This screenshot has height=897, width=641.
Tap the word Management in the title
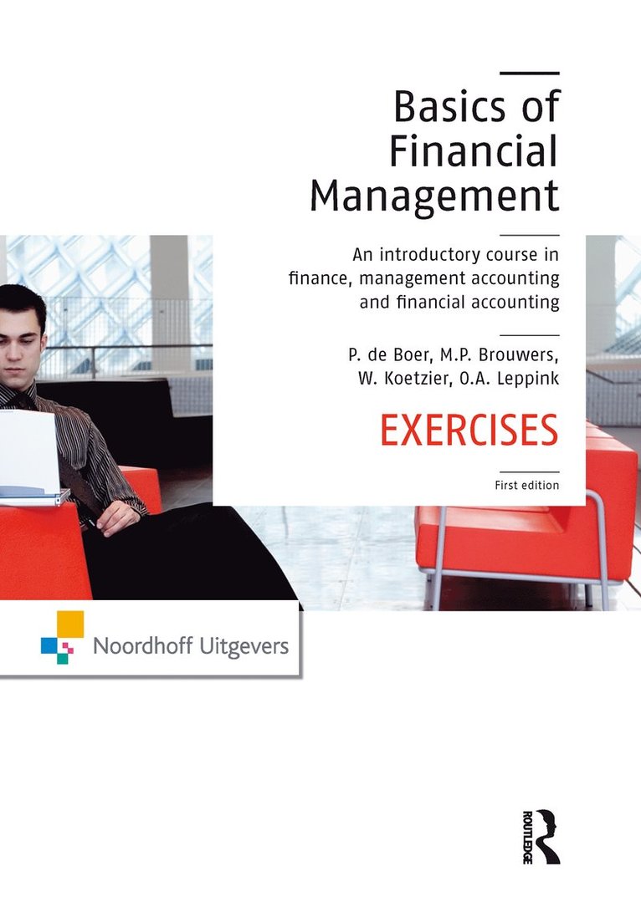434,197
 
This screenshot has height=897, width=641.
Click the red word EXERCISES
469,431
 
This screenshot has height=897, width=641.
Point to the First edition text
525,485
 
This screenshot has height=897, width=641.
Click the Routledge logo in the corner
539,835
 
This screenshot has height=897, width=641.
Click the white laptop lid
28,451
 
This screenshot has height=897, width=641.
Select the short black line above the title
534,74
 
